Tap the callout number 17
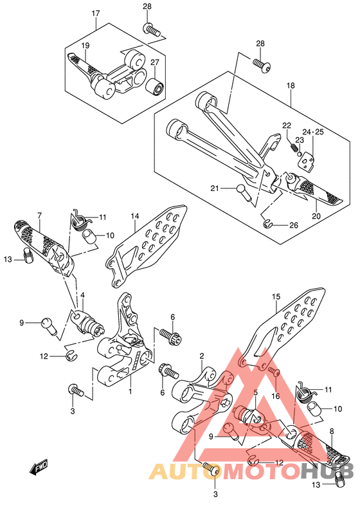96,14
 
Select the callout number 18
291,86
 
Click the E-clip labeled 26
267,224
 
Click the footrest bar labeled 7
44,248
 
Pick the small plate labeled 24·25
307,161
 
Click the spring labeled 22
294,147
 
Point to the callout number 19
85,46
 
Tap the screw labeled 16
274,372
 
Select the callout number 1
130,391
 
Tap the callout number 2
202,356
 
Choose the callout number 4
82,295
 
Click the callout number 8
332,431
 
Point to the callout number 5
255,392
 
